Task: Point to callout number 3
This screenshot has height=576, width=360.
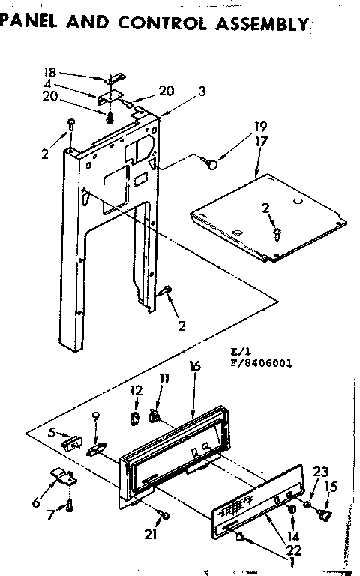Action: tap(181, 91)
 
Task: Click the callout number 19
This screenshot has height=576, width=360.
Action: tap(260, 126)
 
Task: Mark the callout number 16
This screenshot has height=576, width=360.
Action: tap(194, 367)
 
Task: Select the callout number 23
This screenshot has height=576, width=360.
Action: tap(320, 472)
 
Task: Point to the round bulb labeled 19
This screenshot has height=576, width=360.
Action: tap(214, 159)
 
